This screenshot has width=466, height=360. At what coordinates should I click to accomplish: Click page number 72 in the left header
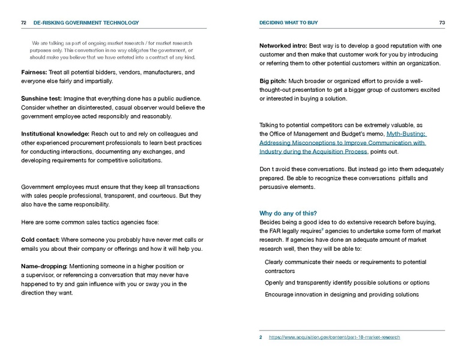tap(23, 23)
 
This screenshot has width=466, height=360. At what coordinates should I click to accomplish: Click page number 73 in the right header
tap(441, 23)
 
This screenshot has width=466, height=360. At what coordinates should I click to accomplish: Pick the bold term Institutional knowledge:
tap(55, 134)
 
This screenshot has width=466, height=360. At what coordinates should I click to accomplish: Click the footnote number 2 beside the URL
tap(261, 337)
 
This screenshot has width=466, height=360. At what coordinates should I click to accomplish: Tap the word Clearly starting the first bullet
tap(276, 262)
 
